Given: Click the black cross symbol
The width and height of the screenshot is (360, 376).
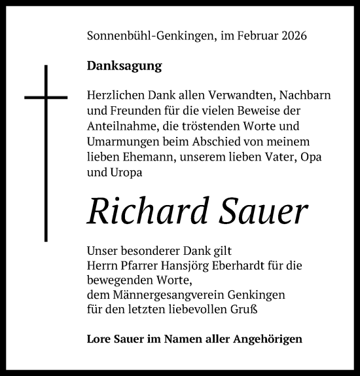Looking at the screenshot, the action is pyautogui.click(x=46, y=98).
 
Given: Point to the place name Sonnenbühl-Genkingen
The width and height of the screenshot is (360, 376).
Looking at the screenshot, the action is pyautogui.click(x=150, y=37).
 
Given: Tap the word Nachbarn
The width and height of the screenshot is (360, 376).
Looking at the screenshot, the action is pyautogui.click(x=286, y=96).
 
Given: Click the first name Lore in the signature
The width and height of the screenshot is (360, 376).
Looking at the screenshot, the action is pyautogui.click(x=98, y=339).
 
